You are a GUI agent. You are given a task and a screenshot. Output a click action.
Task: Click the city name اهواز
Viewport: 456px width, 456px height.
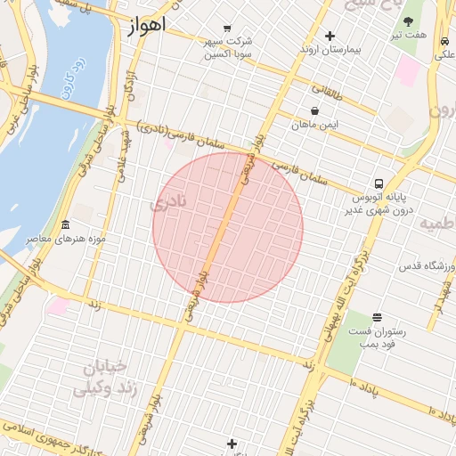[146, 26]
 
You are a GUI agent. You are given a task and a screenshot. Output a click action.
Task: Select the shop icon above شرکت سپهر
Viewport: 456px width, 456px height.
[228, 28]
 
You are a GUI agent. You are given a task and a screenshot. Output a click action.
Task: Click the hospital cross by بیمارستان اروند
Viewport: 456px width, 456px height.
[330, 37]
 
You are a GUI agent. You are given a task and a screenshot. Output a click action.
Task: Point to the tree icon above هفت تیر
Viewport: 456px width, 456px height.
[408, 21]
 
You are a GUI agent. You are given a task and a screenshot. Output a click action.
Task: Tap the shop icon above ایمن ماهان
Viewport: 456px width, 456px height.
[315, 111]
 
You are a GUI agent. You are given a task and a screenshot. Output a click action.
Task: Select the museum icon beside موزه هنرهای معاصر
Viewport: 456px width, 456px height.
[65, 224]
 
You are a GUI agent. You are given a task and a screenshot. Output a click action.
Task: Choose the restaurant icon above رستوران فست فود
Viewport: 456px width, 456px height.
[377, 317]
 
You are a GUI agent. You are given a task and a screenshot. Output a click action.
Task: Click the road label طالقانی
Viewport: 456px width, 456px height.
[329, 93]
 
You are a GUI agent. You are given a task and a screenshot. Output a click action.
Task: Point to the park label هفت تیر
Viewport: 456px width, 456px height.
[411, 35]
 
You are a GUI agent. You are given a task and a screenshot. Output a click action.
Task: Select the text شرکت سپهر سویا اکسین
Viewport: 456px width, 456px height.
[228, 47]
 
